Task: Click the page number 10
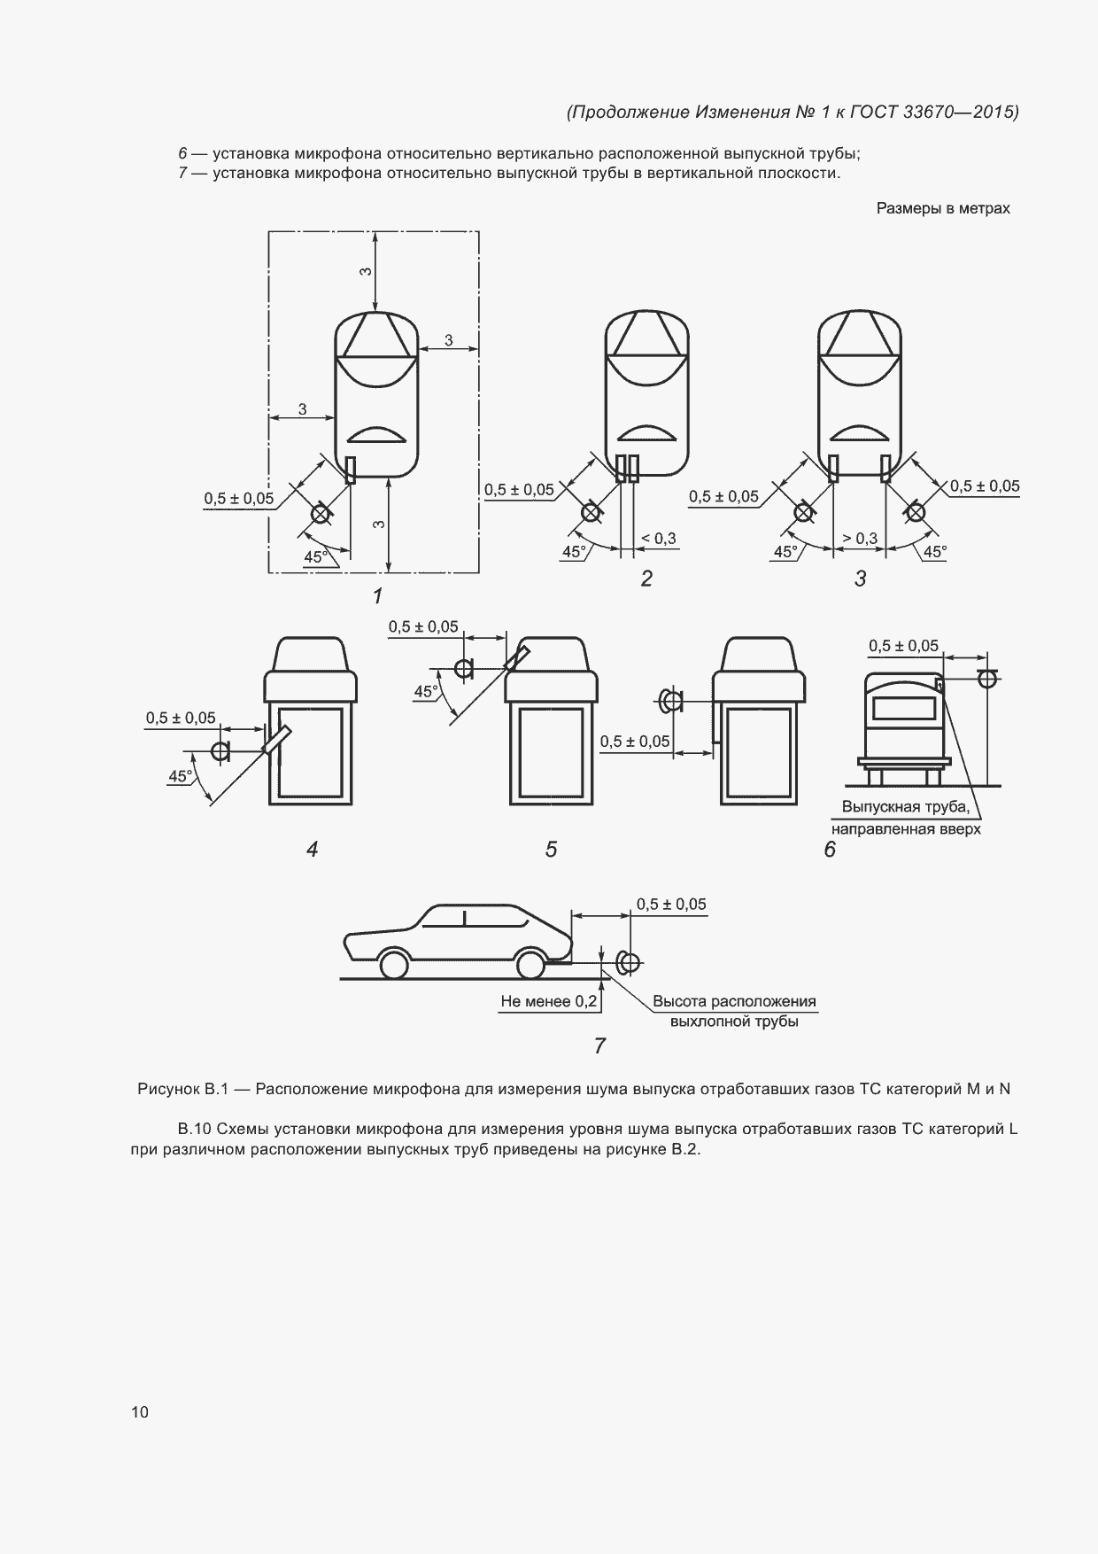140,1412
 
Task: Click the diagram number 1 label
378,596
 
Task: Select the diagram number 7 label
599,1046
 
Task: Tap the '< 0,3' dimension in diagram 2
658,539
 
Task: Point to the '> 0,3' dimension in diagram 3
860,539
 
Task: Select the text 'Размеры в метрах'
943,208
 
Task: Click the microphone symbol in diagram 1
321,513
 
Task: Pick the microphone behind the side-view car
628,963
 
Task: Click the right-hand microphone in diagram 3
915,513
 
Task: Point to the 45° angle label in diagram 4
181,776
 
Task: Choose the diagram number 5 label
551,850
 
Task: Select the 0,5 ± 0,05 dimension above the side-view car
671,905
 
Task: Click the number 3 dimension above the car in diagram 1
365,272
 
